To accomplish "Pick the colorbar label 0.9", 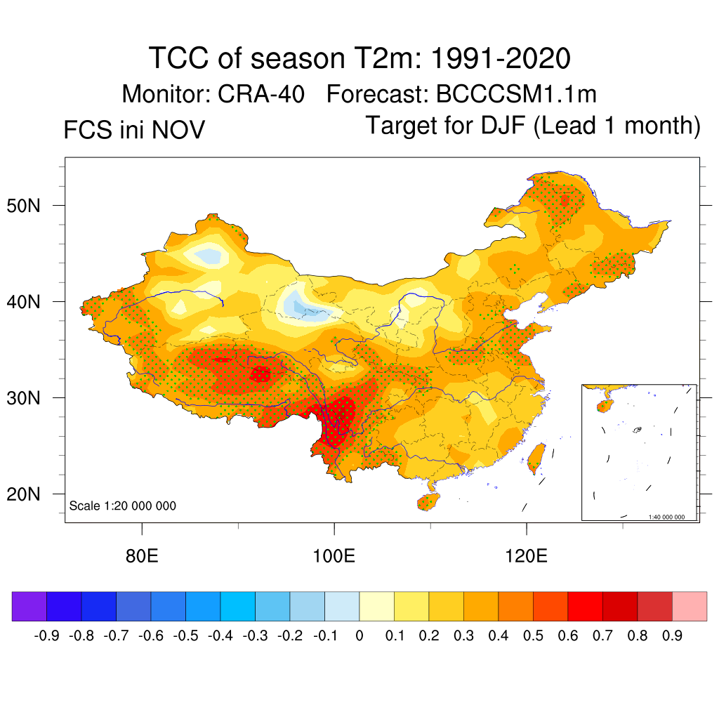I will [x=672, y=636].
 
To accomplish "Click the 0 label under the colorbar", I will [x=359, y=636].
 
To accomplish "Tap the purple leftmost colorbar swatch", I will [x=29, y=607].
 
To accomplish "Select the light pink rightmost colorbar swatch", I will [x=690, y=607].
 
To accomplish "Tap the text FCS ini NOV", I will [x=134, y=130].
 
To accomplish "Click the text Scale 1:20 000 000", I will [x=123, y=506].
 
